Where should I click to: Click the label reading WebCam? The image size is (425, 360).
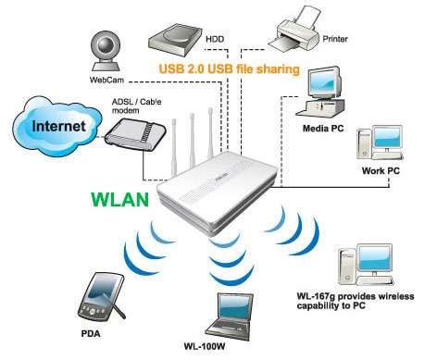point(103,81)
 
